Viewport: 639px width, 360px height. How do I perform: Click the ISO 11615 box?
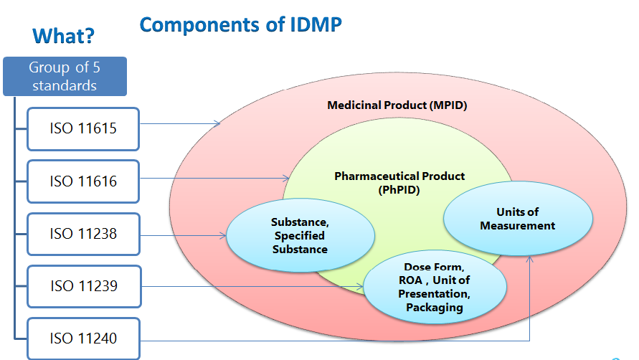coord(82,129)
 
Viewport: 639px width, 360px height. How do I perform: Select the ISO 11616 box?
coord(82,181)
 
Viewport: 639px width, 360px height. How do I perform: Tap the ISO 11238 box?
coord(82,234)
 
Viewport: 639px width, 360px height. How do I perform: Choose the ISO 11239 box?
coord(82,286)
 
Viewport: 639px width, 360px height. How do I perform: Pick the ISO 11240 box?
coord(82,338)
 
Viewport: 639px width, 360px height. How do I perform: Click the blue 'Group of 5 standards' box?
coord(65,76)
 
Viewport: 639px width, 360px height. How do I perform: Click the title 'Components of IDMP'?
coord(240,24)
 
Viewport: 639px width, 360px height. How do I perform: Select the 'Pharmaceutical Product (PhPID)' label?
coord(399,183)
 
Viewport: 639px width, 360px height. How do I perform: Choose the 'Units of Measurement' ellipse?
coord(517,219)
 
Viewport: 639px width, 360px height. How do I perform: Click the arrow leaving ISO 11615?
coord(179,124)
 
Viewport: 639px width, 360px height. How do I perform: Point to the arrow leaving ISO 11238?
coord(183,234)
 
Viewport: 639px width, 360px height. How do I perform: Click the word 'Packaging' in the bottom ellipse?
coord(434,308)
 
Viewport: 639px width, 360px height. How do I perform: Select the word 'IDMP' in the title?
coord(310,24)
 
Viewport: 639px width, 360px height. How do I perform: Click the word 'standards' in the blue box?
coord(65,85)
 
